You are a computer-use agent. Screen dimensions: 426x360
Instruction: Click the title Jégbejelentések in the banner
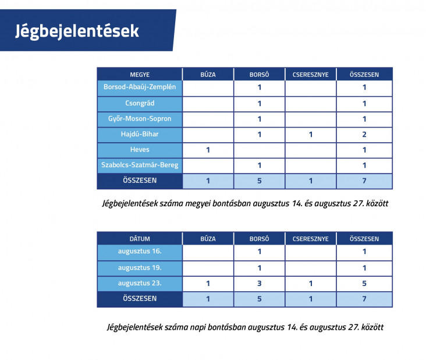click(77, 31)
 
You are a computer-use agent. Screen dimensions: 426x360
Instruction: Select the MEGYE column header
click(140, 75)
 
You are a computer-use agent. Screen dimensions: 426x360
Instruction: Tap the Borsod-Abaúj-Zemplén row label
click(140, 87)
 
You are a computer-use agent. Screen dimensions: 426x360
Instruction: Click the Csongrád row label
click(140, 103)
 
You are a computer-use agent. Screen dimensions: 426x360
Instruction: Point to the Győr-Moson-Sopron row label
click(140, 119)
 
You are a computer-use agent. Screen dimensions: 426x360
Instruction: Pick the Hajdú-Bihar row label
click(140, 134)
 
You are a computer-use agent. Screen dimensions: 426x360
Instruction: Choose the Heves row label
click(140, 150)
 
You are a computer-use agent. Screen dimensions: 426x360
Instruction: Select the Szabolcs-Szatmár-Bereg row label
click(140, 165)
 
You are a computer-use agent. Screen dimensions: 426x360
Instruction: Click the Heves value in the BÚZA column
click(208, 150)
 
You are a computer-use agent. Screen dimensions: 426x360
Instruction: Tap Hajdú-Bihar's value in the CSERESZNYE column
click(311, 135)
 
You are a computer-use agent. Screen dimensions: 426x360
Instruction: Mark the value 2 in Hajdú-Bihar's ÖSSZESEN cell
click(364, 135)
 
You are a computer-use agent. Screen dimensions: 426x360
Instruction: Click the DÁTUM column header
click(140, 239)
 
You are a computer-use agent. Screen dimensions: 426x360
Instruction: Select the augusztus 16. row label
click(140, 251)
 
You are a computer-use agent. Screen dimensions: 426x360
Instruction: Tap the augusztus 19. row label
click(140, 268)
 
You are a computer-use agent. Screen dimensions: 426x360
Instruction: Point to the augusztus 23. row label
click(140, 283)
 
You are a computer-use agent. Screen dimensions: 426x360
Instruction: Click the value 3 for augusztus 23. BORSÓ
click(259, 283)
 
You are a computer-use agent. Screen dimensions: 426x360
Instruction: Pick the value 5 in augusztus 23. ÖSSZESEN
click(364, 283)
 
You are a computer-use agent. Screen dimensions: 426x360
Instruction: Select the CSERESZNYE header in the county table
click(311, 75)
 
